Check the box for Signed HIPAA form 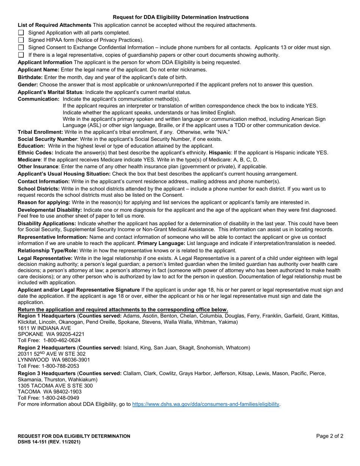pos(21,40)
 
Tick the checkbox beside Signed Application pos(21,33)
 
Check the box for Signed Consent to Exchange pos(21,47)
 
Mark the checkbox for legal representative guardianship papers pos(21,55)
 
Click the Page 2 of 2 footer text pos(330,436)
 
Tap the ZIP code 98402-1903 pos(68,391)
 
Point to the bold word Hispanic pos(220,153)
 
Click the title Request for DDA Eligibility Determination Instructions pos(181,17)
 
